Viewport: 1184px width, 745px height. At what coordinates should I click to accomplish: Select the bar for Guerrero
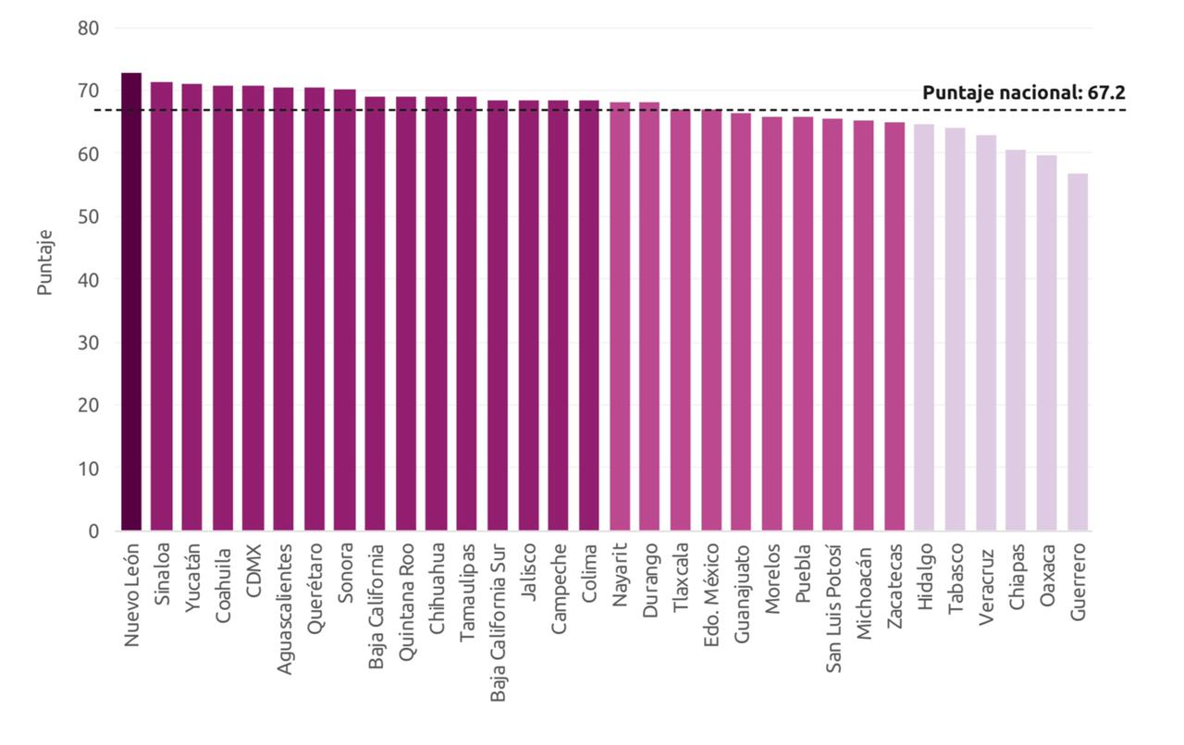coord(1078,352)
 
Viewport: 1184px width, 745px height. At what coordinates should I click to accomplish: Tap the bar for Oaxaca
coord(1047,343)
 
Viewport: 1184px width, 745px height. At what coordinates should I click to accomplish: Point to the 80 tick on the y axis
coord(88,29)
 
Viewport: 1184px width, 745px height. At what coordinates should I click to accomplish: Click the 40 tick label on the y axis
coord(88,280)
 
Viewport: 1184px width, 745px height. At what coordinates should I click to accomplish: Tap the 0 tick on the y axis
coord(93,531)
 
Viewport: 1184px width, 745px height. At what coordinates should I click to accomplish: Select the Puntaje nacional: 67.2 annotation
coord(1023,92)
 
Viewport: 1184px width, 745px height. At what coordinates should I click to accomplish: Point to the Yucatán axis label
coord(192,580)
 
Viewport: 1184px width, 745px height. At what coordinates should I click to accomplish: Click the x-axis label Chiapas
coord(1017,579)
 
